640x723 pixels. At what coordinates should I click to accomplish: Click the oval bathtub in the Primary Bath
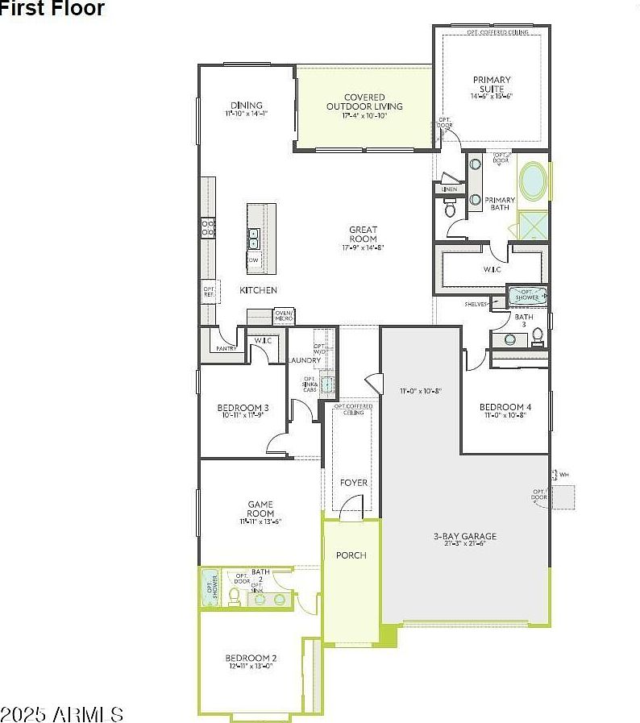[532, 182]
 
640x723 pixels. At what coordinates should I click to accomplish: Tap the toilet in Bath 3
[538, 335]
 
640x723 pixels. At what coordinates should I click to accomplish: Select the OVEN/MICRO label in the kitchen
[284, 316]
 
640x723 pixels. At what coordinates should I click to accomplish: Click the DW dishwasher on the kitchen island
[254, 260]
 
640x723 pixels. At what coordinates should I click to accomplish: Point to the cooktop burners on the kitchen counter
[207, 228]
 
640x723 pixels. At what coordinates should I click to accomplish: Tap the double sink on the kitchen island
[254, 238]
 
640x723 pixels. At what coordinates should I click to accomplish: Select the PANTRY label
[226, 348]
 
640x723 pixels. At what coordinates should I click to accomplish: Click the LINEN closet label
[449, 189]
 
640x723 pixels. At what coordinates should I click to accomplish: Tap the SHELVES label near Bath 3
[476, 304]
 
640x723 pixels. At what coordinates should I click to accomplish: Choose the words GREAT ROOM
[363, 235]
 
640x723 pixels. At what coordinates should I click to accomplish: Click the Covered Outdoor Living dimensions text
[364, 116]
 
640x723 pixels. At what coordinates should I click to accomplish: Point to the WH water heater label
[563, 475]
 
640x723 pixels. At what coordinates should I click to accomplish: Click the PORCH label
[351, 555]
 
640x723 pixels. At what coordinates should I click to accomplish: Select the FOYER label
[353, 483]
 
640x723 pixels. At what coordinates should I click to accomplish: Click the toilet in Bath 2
[234, 596]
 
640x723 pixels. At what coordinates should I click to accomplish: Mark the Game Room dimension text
[260, 522]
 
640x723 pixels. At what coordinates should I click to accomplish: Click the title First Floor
[52, 9]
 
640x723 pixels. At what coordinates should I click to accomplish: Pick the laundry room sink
[327, 384]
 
